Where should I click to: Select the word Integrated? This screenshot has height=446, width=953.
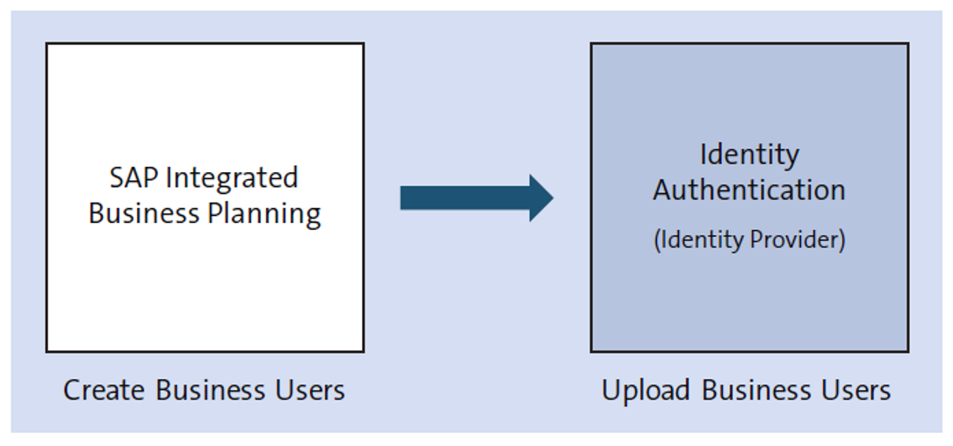coord(232,177)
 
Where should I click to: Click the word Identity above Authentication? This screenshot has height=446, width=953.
coord(749,155)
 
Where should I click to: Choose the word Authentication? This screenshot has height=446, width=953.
coord(749,190)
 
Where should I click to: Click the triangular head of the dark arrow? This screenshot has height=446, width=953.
coord(539,198)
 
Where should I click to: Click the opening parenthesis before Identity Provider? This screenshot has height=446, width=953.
coord(657,241)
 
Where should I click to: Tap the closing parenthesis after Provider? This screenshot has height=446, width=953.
coord(841,241)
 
